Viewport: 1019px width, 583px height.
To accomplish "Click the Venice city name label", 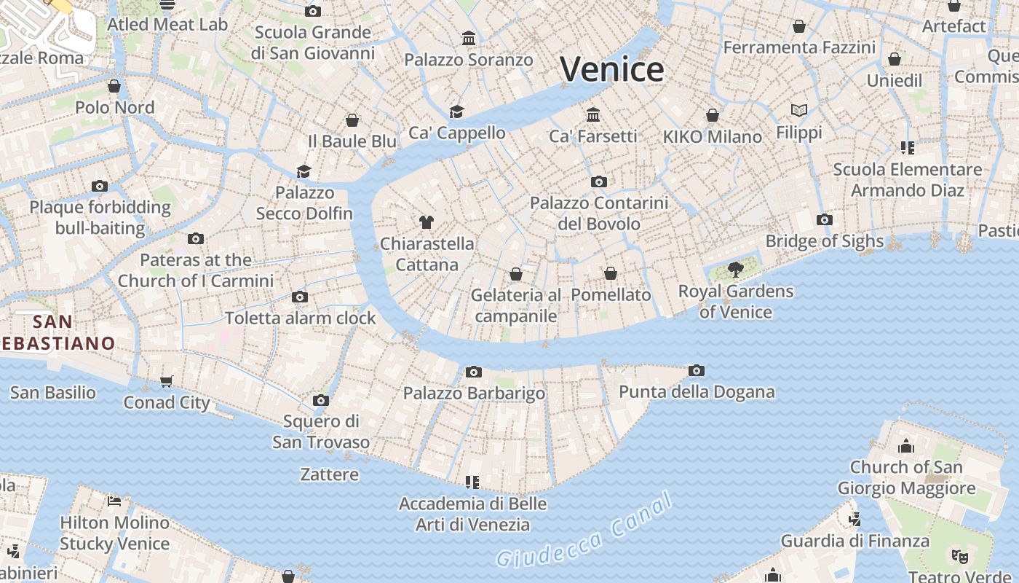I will [611, 69].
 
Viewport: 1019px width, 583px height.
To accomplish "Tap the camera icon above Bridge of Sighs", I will [824, 219].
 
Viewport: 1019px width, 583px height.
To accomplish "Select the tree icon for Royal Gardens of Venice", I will [736, 270].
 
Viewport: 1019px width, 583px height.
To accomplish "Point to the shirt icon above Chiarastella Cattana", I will [427, 222].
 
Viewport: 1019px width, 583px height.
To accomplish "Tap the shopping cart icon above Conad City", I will [167, 381].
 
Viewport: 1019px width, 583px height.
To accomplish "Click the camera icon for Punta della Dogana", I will [697, 371].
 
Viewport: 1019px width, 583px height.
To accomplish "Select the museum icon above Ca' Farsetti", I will [593, 114].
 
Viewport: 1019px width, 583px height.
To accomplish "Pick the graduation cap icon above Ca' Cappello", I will [456, 111].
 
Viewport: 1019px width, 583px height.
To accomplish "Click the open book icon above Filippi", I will [799, 111].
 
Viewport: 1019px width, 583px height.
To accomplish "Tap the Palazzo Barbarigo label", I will [474, 394].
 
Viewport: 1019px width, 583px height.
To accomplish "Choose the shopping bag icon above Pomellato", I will [611, 274].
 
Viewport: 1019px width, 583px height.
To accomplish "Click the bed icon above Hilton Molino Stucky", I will [114, 501].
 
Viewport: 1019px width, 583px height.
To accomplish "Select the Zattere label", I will [330, 474].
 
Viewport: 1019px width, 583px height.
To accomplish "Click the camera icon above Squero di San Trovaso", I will [321, 400].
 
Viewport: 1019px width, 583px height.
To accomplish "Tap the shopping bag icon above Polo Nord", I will [114, 86].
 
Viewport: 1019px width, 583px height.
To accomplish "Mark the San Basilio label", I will [52, 393].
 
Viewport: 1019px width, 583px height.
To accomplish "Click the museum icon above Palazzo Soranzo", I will [469, 38].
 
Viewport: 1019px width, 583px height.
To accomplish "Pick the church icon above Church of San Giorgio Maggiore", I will [906, 445].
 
